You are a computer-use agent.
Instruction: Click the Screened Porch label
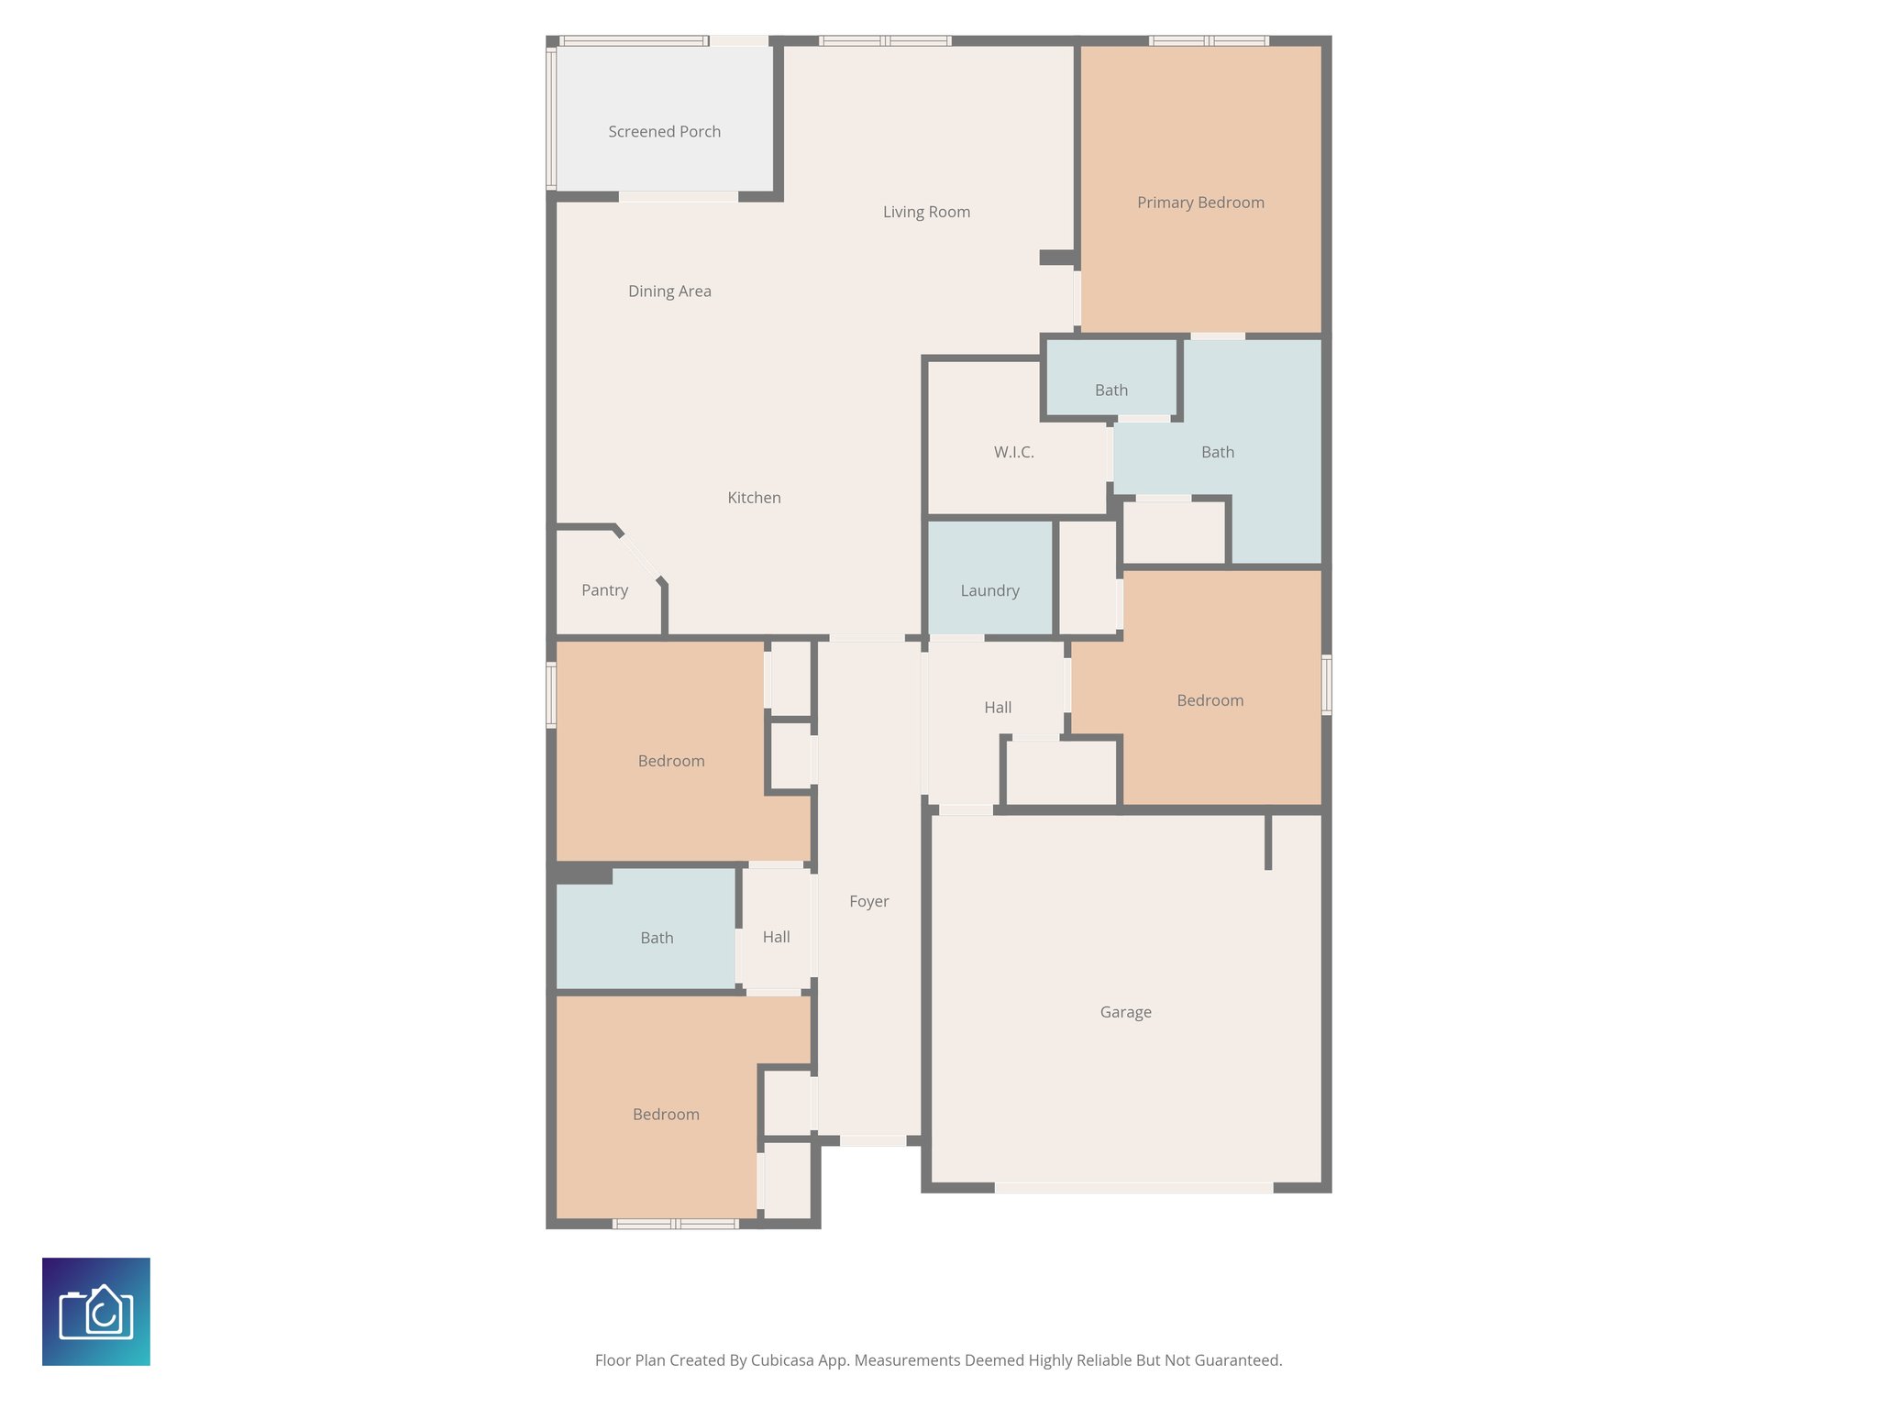pos(664,132)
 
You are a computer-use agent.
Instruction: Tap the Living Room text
pos(926,212)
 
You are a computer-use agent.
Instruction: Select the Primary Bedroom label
pos(1200,203)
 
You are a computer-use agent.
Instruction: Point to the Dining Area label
pos(669,291)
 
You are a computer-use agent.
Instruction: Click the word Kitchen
pos(754,498)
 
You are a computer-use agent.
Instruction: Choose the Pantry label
pos(604,590)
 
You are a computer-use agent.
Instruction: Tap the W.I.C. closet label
pos(1013,452)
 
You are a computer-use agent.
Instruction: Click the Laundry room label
pos(989,590)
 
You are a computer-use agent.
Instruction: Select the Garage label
pos(1125,1012)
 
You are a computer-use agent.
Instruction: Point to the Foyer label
pos(868,901)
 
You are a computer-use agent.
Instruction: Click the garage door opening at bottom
pos(1133,1187)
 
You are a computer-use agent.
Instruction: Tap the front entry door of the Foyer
pos(872,1140)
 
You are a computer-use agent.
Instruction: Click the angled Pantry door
pos(639,556)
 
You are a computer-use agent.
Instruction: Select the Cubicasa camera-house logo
pos(96,1312)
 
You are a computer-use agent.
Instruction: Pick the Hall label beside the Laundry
pos(998,708)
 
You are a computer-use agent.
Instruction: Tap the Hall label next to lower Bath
pos(776,937)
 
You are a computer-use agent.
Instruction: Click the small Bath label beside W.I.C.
pos(1110,390)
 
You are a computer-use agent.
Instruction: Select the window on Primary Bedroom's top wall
pos(1209,40)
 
